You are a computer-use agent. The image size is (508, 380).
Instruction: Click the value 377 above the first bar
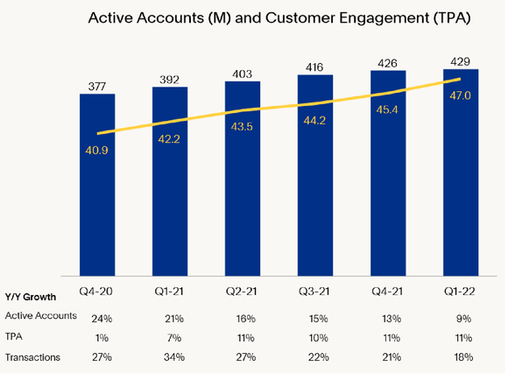[97, 85]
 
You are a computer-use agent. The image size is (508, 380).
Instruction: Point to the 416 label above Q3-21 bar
[315, 66]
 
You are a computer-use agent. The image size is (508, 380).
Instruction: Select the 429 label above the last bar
[461, 60]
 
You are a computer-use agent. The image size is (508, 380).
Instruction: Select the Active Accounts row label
[40, 315]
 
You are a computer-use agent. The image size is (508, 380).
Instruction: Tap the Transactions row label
[34, 356]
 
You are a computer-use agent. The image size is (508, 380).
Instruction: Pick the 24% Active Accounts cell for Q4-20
[97, 316]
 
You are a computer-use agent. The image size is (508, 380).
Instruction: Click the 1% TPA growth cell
[97, 336]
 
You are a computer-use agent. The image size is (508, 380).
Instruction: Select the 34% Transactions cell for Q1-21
[170, 357]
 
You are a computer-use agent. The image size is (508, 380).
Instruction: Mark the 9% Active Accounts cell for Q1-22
[461, 316]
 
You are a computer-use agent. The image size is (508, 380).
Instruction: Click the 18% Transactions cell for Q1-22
[461, 357]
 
